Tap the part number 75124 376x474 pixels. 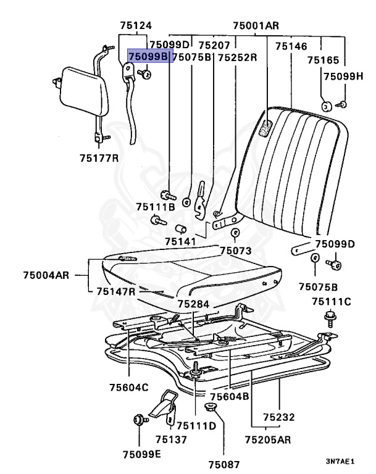(x=135, y=26)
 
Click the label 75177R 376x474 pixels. (x=99, y=159)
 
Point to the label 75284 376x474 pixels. (x=193, y=304)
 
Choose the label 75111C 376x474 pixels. (x=331, y=301)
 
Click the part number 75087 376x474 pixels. (x=222, y=464)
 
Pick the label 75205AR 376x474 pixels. (x=269, y=440)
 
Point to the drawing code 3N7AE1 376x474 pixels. (x=340, y=461)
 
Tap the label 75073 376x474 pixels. (x=235, y=251)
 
